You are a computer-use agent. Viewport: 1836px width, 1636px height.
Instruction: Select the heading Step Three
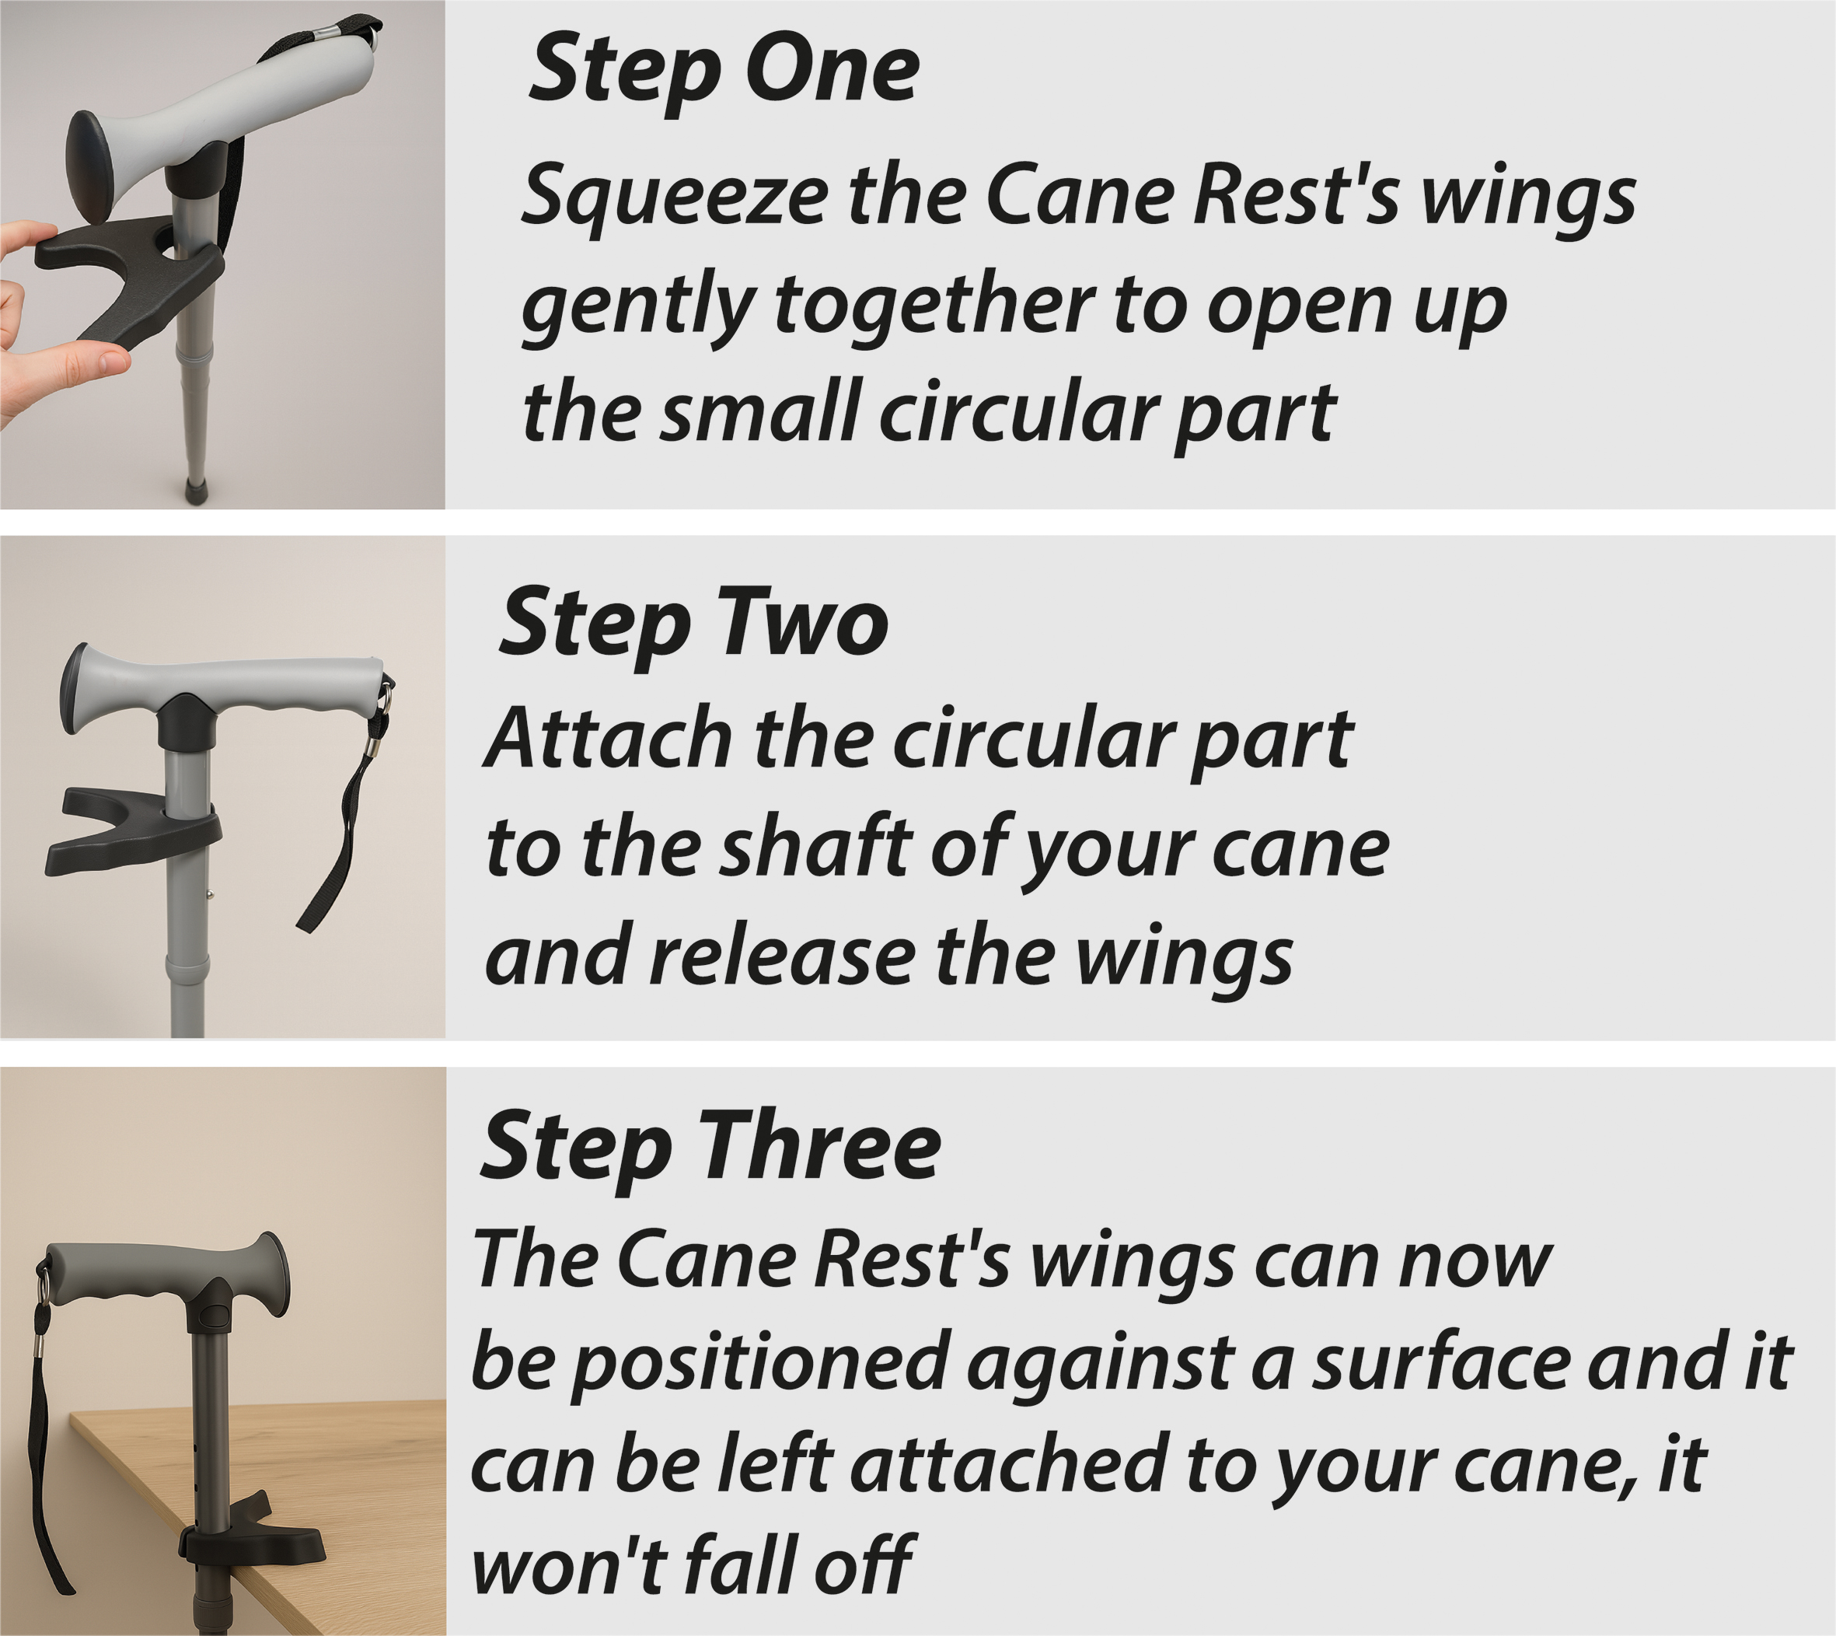tap(710, 1147)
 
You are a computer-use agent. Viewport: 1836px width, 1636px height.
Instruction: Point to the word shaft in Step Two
tap(817, 847)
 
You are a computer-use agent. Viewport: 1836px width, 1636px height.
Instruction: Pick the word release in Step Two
tap(781, 956)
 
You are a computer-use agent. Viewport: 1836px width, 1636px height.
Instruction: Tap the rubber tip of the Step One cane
tap(195, 489)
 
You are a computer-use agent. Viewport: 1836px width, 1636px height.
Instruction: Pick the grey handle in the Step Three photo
tap(166, 1277)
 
